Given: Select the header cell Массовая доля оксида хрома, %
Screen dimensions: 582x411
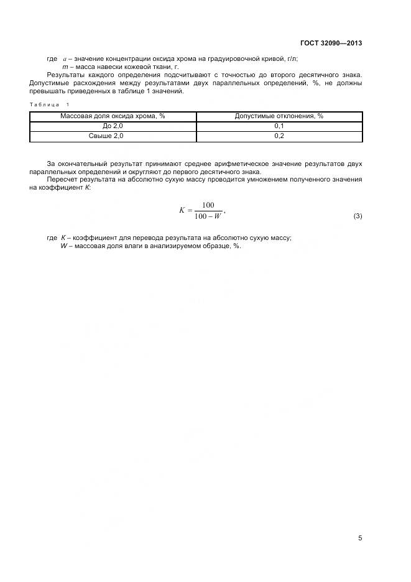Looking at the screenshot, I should (x=113, y=116).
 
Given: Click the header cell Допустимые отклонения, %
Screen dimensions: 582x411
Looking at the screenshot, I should (x=279, y=116).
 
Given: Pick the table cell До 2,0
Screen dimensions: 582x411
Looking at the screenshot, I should (x=113, y=126).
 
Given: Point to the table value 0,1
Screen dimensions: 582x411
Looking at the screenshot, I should (x=279, y=126).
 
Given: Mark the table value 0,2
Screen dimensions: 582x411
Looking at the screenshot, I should (x=279, y=136).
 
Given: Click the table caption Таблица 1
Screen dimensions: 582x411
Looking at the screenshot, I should (x=50, y=104).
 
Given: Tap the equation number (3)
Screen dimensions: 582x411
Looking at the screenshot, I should (x=358, y=216).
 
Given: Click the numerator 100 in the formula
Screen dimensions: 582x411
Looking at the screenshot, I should (x=208, y=205).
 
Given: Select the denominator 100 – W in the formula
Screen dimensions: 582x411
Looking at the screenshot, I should (x=208, y=216).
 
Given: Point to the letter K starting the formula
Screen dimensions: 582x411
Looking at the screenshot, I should (x=182, y=211).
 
